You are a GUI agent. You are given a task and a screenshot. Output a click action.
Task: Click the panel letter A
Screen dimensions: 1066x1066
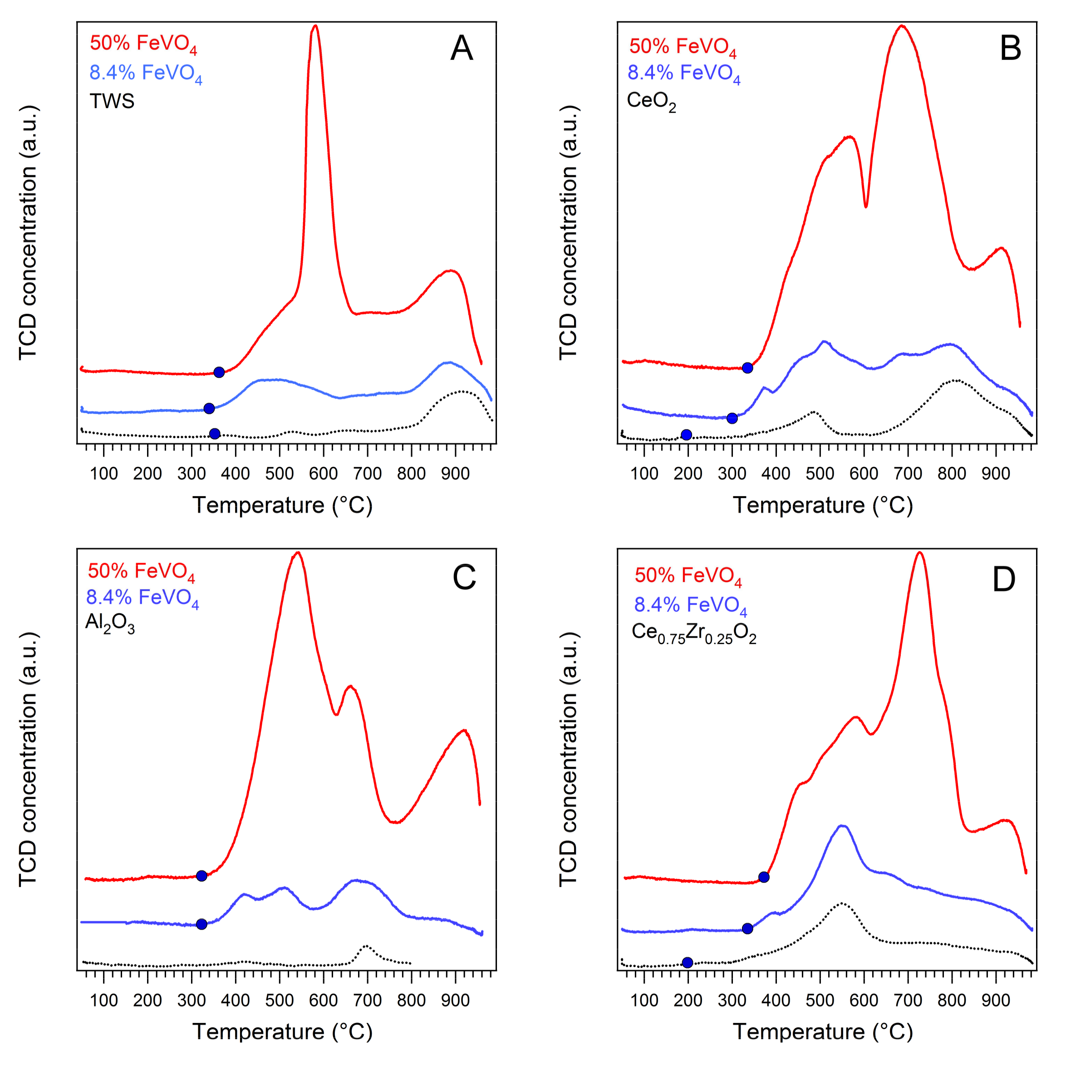click(461, 49)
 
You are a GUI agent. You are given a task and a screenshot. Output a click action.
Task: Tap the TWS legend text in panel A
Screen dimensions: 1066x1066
click(112, 102)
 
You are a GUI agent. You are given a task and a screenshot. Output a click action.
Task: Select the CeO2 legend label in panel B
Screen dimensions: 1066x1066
click(651, 102)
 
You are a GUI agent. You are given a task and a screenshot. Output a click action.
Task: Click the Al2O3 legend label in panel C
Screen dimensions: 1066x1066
click(110, 623)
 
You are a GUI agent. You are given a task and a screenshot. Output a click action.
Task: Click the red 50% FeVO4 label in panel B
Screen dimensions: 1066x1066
click(683, 47)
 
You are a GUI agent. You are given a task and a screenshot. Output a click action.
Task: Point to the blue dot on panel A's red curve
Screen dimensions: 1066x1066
click(219, 372)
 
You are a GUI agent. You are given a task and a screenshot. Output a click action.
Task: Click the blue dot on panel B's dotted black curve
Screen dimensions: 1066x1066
click(687, 435)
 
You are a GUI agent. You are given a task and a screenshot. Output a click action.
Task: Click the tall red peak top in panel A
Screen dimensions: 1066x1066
click(315, 26)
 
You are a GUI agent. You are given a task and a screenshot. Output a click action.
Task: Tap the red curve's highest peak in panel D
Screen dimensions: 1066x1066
click(919, 553)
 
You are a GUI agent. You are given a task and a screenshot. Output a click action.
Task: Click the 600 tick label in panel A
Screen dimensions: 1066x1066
click(323, 474)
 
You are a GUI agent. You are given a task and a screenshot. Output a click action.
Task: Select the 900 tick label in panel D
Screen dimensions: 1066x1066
click(996, 1000)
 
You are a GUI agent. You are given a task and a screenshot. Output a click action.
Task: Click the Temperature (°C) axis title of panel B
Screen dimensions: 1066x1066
click(823, 505)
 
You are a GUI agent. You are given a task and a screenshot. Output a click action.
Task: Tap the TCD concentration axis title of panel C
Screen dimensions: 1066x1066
click(28, 759)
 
